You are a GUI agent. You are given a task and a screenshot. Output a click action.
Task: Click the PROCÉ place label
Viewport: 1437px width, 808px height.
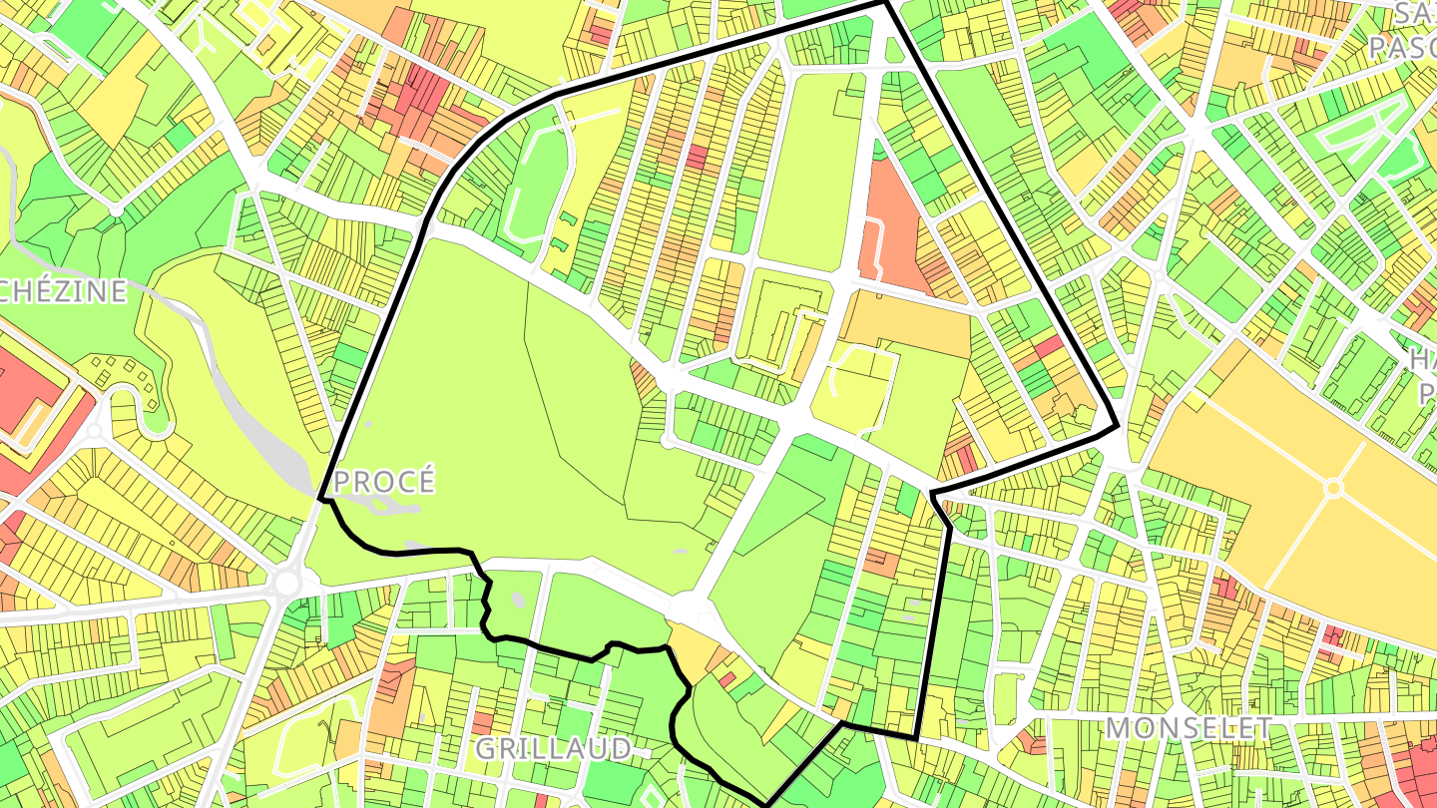(384, 482)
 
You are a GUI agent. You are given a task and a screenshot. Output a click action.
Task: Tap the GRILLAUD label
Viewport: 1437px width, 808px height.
(552, 748)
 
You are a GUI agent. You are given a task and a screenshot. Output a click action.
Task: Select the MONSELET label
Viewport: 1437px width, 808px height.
(1188, 727)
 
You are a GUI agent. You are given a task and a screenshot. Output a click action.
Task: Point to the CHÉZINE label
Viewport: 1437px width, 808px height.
(64, 291)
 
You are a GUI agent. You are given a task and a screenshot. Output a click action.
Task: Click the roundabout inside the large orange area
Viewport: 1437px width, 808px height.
(1333, 488)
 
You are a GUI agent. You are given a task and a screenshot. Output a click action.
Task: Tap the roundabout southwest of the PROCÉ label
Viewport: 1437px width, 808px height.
(287, 582)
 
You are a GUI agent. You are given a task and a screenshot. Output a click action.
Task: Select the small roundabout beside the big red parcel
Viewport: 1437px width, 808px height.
(95, 432)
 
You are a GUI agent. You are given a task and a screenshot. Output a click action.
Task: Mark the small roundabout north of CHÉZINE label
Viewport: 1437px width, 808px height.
(117, 210)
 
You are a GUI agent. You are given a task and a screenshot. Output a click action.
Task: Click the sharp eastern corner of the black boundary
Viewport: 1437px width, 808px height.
(1116, 428)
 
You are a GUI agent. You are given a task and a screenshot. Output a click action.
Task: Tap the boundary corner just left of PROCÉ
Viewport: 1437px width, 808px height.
(320, 497)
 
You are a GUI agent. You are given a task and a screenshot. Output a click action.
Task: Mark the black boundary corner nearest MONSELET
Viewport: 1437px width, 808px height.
(915, 737)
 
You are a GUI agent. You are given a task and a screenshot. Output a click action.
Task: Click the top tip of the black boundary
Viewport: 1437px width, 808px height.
(885, 3)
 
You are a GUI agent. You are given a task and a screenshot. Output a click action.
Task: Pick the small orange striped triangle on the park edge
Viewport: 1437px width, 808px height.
(645, 377)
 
